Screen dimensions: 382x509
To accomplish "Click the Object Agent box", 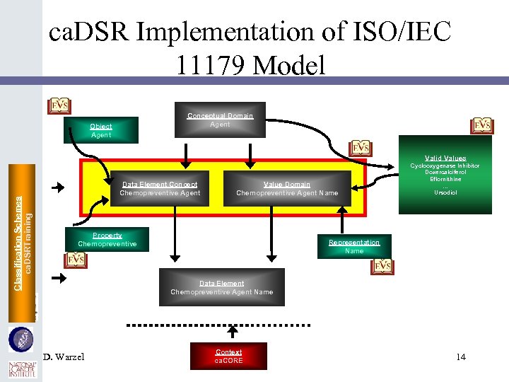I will point(100,131).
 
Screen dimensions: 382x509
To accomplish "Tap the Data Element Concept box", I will point(159,189).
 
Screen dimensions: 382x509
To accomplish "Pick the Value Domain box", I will point(287,189).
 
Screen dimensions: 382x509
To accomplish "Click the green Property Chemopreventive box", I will point(107,240).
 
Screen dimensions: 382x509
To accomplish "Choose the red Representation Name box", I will point(354,246).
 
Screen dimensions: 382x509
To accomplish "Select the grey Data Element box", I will point(221,287).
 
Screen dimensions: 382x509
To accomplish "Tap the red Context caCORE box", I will point(228,356).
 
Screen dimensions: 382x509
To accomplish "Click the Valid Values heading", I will point(445,158).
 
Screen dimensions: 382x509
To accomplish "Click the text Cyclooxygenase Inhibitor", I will point(445,166).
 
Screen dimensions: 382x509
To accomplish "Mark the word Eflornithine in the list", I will point(445,179).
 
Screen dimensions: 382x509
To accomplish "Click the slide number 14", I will point(461,357).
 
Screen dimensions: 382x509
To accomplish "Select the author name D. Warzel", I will point(64,357).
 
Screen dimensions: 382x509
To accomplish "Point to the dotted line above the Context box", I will point(218,325).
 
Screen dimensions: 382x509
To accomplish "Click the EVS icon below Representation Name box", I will point(382,265).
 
